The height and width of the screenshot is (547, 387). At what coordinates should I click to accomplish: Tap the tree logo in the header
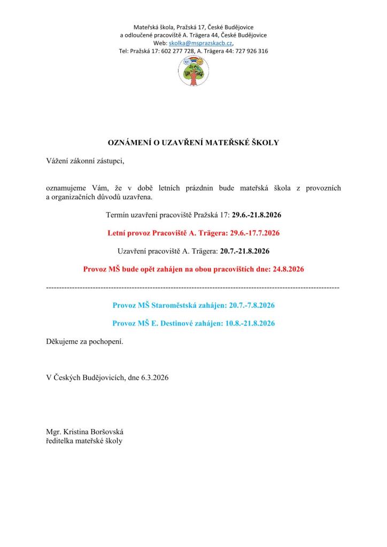point(193,71)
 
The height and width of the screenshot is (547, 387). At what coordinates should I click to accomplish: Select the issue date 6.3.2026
point(155,377)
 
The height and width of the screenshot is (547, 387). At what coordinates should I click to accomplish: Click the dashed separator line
point(193,288)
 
